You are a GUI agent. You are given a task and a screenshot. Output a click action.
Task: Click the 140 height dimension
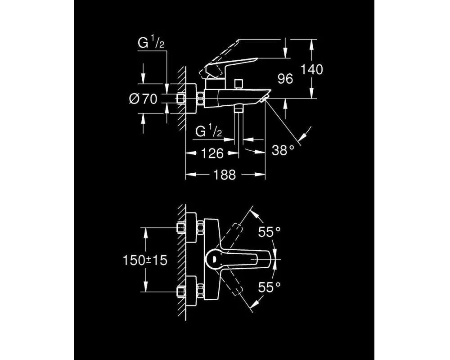click(x=311, y=69)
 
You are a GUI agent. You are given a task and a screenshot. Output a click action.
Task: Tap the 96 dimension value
click(x=285, y=79)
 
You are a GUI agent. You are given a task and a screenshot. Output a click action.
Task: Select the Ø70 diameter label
click(x=143, y=99)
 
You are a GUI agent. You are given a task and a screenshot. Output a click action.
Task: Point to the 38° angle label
click(x=283, y=150)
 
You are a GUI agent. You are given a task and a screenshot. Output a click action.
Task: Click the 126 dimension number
click(x=212, y=153)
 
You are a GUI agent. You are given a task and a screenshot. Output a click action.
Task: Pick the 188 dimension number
click(x=225, y=175)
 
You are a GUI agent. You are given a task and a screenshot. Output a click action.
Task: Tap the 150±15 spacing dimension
click(x=145, y=261)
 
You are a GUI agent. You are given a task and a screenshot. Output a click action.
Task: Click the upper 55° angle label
click(x=269, y=232)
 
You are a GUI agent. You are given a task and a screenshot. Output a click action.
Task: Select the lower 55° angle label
click(x=269, y=287)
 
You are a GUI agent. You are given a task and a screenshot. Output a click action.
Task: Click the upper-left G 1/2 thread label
click(x=151, y=43)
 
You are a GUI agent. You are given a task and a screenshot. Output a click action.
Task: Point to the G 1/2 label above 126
click(x=209, y=132)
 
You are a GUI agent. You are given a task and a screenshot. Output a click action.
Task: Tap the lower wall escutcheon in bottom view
click(x=191, y=292)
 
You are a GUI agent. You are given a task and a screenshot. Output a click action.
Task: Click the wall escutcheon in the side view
click(x=191, y=99)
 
